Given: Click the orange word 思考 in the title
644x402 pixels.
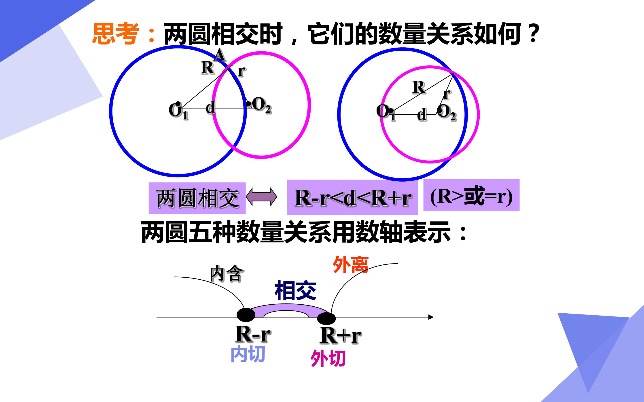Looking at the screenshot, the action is (116, 33).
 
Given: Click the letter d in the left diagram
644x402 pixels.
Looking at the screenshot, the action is (210, 108).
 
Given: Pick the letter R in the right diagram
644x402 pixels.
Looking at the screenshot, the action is (419, 87).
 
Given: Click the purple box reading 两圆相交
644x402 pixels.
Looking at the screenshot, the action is (197, 198).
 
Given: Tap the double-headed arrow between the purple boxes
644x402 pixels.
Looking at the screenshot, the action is (261, 197).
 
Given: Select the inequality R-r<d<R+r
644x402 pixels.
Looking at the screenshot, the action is (353, 198).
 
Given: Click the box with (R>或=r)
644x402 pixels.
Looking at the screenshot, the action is (471, 195).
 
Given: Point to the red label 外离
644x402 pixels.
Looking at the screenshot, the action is (350, 265).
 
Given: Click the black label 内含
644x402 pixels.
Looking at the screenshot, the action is (227, 273).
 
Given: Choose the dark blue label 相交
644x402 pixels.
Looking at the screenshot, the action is (295, 290).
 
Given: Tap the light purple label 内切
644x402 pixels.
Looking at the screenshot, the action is (248, 354).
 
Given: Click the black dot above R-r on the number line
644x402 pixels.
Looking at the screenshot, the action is (246, 315).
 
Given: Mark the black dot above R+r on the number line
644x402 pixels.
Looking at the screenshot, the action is (326, 318).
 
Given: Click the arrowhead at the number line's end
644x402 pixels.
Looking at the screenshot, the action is (431, 317).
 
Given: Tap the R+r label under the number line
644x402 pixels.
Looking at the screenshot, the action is (340, 335).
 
